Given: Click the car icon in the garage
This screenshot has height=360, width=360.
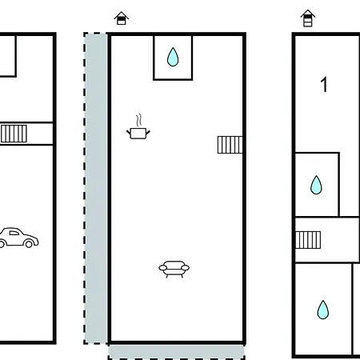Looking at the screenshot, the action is pos(18,238).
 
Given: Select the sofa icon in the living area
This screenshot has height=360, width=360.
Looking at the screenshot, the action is pos(174,270).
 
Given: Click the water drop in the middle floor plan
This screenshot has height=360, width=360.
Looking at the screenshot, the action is pos(173,57).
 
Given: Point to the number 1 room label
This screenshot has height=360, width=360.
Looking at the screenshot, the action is pos(324,85).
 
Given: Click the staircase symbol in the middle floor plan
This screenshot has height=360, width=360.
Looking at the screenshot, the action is pos(230,145).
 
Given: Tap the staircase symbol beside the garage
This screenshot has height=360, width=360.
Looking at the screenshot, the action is pos(14,134).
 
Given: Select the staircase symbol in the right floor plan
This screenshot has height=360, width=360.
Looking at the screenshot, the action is pos(308,240).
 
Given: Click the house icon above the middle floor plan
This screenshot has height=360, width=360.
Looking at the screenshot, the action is pos(122,18).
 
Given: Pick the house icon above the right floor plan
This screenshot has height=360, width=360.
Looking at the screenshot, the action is pos(308,18).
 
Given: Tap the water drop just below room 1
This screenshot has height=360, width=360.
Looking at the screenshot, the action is pos(316,185).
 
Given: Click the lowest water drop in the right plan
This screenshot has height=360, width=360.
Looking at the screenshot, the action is pos(323,310).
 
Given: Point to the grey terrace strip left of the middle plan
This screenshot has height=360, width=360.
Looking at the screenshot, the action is pos(95,188).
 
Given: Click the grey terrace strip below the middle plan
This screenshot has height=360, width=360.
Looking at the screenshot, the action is pos(176,352).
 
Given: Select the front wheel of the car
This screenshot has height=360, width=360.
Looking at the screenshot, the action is pos(29,243).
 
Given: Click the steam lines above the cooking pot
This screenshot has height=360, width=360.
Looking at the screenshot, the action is pos(138,120).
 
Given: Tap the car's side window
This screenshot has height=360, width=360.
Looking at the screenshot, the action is pos(14,233).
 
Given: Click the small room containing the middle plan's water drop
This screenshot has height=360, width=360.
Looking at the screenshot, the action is pos(173,58).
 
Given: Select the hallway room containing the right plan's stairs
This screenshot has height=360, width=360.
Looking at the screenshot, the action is pos(327,240).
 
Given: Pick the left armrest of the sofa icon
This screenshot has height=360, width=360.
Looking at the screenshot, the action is pos(162,267).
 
